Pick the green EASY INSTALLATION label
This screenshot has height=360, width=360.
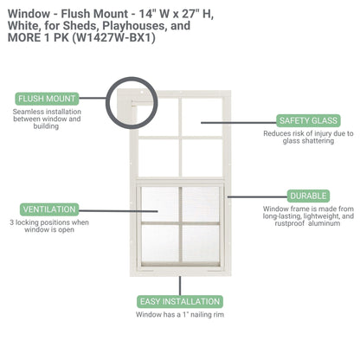(180, 301)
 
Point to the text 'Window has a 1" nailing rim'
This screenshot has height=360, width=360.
(179, 315)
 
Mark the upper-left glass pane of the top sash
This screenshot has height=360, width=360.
(157, 115)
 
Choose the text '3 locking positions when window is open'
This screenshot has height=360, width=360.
(50, 228)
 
